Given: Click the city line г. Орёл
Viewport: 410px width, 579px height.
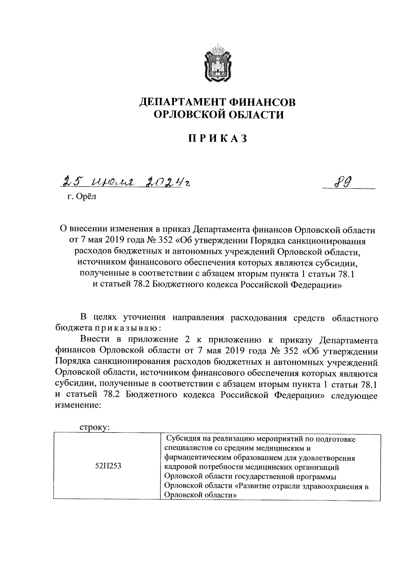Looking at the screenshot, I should coord(82,197).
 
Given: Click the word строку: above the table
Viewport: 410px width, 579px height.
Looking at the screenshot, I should coord(94,427).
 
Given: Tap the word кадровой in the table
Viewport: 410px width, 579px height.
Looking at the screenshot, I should coord(180,467).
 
